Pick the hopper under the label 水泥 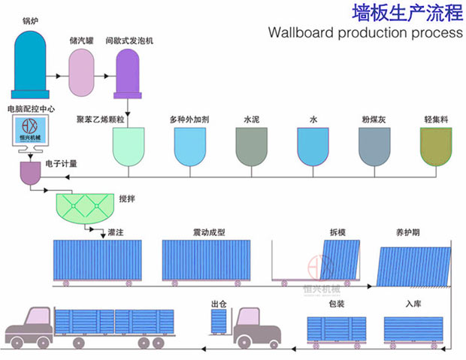click(251, 145)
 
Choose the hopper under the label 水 click(313, 145)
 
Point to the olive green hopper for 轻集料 click(437, 145)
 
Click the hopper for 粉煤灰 click(375, 145)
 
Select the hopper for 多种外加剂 click(191, 145)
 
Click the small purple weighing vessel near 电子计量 click(32, 174)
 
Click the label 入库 click(413, 304)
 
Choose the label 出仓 click(219, 304)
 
